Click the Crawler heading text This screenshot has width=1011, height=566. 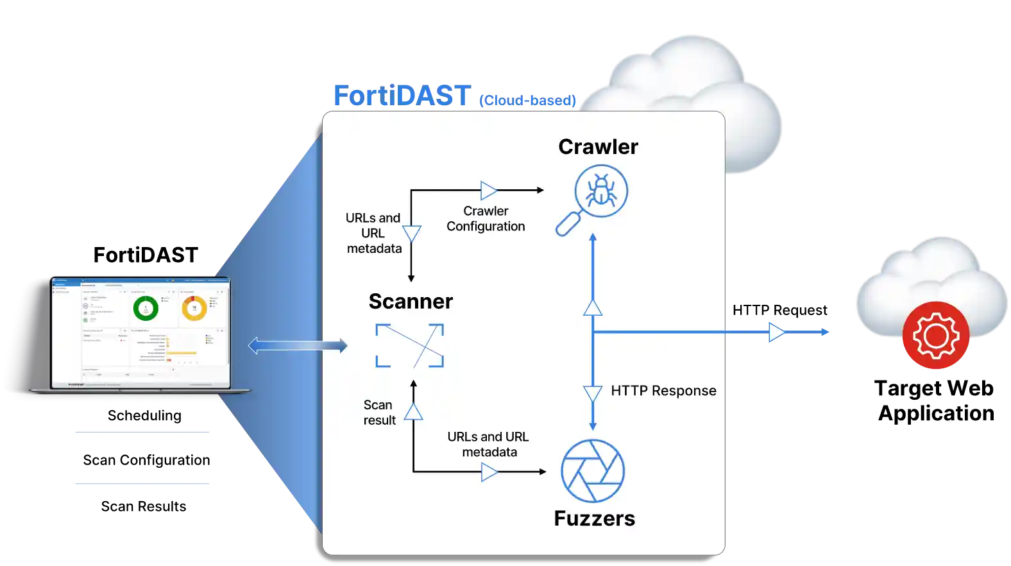(598, 147)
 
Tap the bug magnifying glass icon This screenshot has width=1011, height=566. (593, 198)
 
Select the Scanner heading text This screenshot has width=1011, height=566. (411, 302)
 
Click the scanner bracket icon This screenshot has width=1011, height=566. (409, 345)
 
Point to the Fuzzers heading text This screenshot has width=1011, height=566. (594, 519)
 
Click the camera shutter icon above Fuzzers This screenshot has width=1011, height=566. (593, 471)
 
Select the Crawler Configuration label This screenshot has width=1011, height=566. (486, 219)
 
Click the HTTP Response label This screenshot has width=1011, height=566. (663, 391)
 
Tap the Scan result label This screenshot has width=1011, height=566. (379, 413)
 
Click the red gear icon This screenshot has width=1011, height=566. (935, 335)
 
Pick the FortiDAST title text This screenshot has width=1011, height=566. (402, 96)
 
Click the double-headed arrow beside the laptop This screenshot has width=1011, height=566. (298, 346)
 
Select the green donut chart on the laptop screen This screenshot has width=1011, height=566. (146, 308)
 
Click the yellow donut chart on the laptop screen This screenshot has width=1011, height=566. (194, 308)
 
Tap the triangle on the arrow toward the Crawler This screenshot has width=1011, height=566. (489, 191)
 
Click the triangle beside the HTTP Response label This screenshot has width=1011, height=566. (593, 393)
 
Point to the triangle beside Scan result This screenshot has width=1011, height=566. (414, 411)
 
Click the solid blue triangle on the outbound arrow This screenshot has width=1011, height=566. (776, 332)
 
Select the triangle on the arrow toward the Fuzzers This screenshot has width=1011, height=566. (489, 472)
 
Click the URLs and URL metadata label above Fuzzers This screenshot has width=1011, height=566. (488, 444)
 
